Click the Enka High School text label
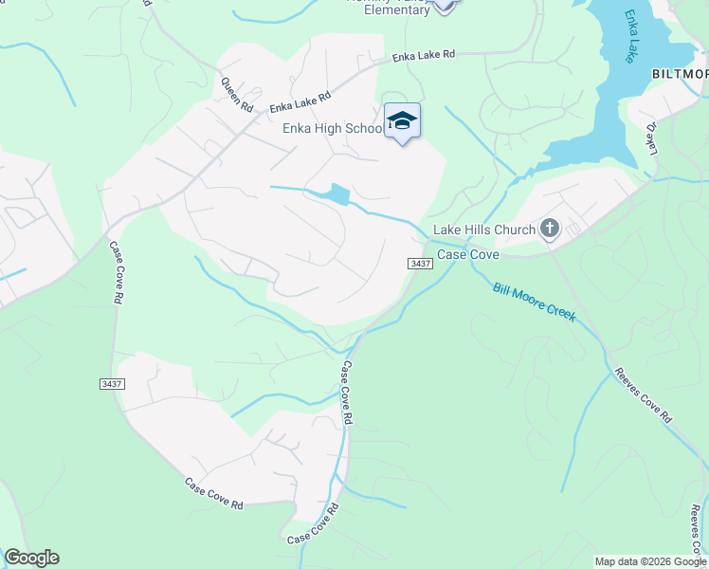[x=331, y=129]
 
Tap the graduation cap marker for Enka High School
[x=402, y=120]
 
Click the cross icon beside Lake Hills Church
[x=549, y=228]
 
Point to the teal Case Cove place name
[x=467, y=254]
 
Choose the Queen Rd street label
[x=236, y=95]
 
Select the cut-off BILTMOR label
[x=680, y=74]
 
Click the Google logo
[x=31, y=558]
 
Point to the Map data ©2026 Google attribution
[x=649, y=561]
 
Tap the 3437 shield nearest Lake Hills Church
[x=421, y=263]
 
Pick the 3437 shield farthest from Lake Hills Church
[x=111, y=383]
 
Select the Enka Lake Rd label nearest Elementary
[x=425, y=56]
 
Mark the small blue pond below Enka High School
[x=336, y=194]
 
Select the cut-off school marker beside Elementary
[x=444, y=5]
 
